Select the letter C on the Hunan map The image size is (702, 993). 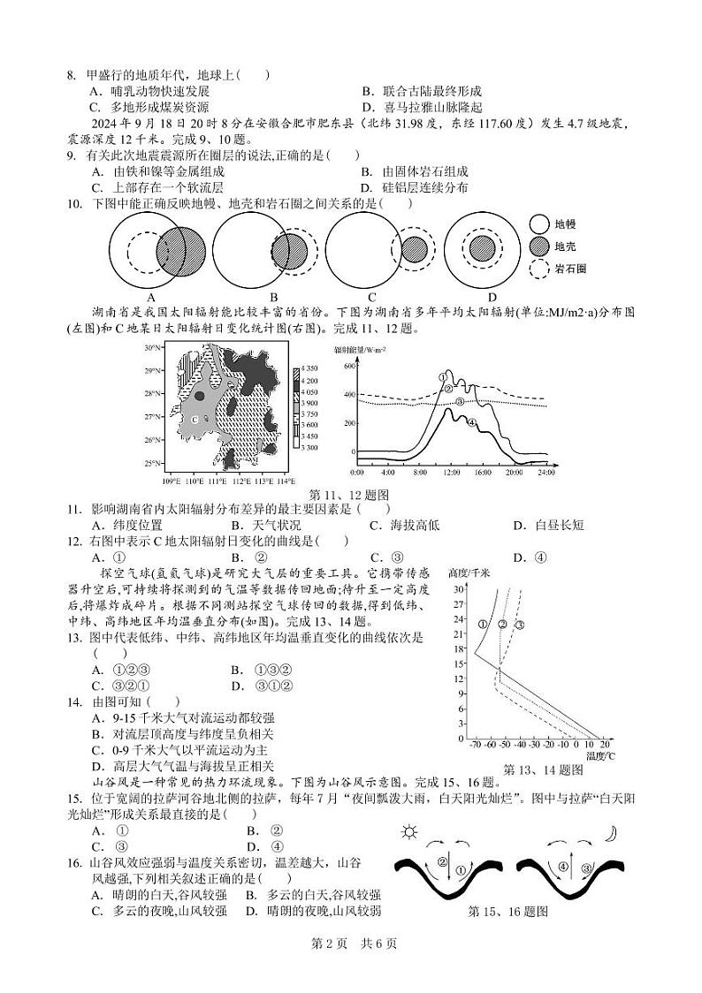coord(193,421)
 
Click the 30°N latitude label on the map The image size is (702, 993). coord(153,348)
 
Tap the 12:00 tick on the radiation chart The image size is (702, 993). coord(451,474)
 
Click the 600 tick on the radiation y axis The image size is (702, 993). coord(347,364)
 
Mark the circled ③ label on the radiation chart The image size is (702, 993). coord(460,401)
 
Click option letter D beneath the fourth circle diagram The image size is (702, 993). coord(492,297)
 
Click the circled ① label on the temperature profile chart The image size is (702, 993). coord(483,625)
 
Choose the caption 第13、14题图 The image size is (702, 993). coord(543,769)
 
